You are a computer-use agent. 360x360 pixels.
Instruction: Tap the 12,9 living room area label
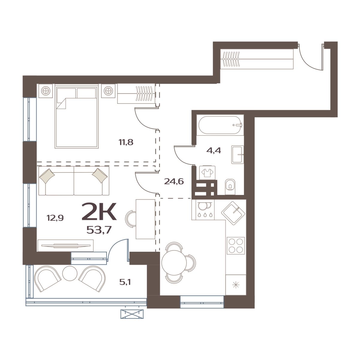tap(55, 218)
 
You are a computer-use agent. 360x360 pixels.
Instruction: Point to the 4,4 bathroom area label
tap(214, 150)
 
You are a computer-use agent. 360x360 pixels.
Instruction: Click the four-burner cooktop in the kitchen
tap(235, 245)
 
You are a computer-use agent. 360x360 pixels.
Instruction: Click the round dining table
tap(174, 262)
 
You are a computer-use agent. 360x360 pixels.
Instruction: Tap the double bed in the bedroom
tap(77, 117)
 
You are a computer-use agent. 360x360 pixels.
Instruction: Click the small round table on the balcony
tap(70, 273)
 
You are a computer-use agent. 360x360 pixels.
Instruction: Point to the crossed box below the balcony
tap(132, 314)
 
